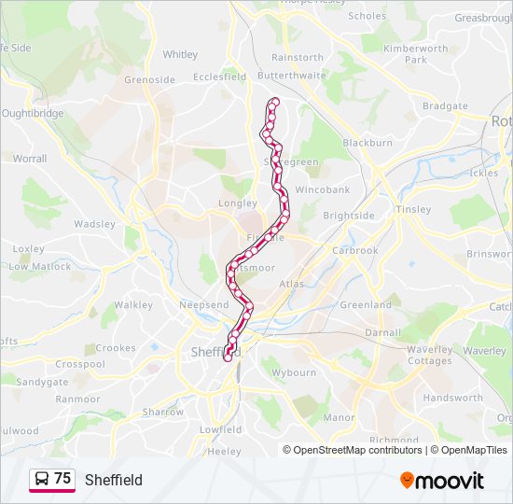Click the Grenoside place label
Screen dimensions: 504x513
click(150, 79)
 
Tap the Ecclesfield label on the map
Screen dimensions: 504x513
click(220, 77)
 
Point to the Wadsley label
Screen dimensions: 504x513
click(95, 224)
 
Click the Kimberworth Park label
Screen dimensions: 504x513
click(416, 53)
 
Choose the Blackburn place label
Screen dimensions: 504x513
click(367, 143)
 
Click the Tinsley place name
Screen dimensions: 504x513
click(413, 209)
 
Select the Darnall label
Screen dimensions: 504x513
click(383, 331)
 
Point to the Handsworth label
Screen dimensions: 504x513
click(453, 398)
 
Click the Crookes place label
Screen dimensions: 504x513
click(116, 348)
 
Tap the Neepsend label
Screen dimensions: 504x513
click(204, 305)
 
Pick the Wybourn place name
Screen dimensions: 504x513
click(294, 372)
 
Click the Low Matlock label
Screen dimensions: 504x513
click(40, 266)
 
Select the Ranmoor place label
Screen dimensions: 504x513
click(78, 399)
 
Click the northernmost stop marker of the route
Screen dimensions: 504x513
click(274, 103)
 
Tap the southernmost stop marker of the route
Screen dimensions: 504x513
click(227, 357)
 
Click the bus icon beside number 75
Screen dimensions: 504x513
click(41, 479)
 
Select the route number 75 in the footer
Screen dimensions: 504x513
click(62, 479)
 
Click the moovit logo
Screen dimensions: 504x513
click(442, 481)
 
